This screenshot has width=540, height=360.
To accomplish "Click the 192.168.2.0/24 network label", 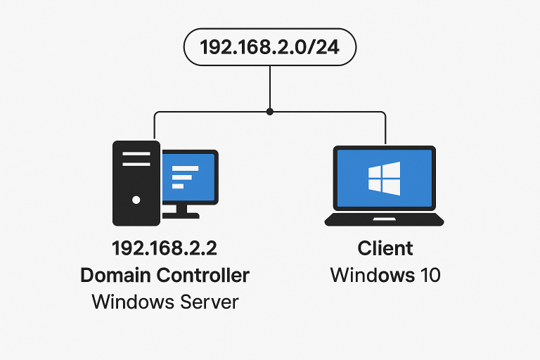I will [x=270, y=48].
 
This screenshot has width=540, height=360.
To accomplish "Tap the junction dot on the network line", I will [x=270, y=111].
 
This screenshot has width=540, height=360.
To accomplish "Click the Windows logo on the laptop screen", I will [x=384, y=179].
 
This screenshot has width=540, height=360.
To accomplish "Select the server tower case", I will [x=136, y=183].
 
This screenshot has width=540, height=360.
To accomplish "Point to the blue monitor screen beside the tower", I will [x=188, y=176].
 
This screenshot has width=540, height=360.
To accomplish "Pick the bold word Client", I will [x=385, y=249].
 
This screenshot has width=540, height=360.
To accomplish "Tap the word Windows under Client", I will [x=368, y=275].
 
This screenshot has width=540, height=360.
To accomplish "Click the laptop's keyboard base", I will [x=384, y=219].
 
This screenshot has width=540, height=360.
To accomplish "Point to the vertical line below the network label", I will [x=270, y=88].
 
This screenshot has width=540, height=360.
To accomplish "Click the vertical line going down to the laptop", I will [x=385, y=128].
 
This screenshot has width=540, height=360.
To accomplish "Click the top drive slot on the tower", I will [x=136, y=153].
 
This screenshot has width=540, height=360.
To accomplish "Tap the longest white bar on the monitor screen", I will [x=186, y=167].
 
